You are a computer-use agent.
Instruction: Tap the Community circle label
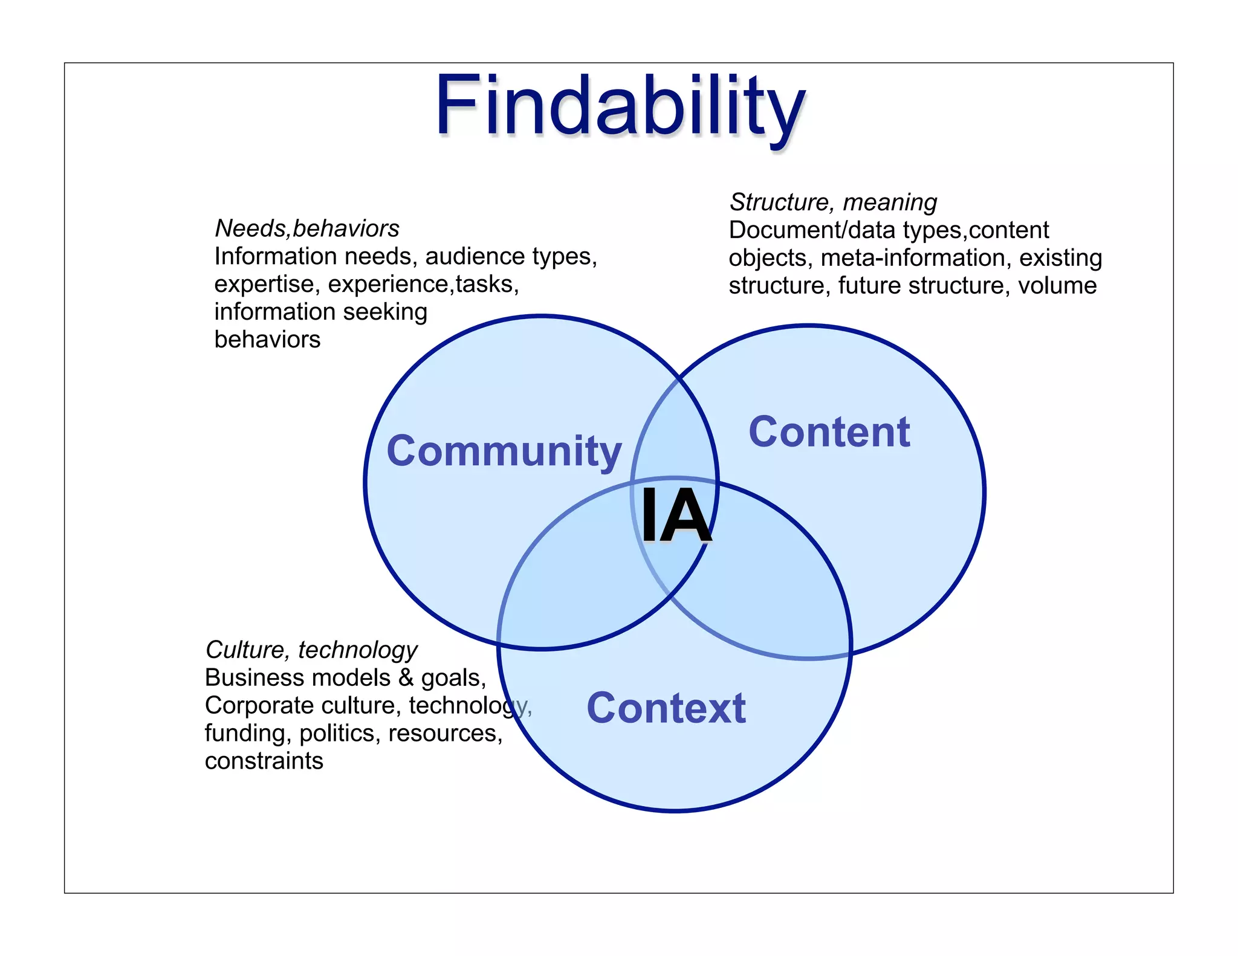click(x=504, y=451)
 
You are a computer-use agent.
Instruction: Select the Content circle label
click(x=829, y=432)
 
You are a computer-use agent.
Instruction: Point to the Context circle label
click(x=666, y=708)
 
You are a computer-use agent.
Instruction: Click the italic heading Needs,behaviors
click(x=307, y=228)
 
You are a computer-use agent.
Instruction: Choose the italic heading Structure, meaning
click(x=832, y=202)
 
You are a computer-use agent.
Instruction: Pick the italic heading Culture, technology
click(x=311, y=650)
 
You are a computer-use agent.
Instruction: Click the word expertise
click(x=263, y=284)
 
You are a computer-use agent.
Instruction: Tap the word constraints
click(x=264, y=761)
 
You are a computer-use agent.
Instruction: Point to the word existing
click(x=1060, y=258)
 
